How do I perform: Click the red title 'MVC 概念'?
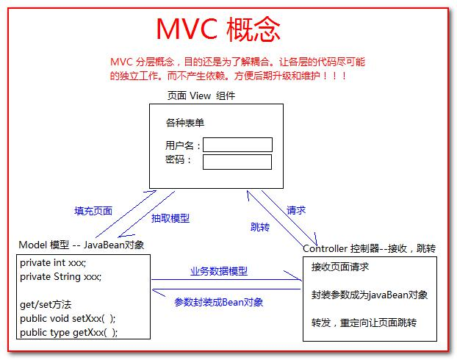tap(218, 30)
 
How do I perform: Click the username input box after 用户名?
tap(237, 145)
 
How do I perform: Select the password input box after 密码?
tap(237, 162)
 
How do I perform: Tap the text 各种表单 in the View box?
tap(184, 123)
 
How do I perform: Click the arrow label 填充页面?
tap(93, 211)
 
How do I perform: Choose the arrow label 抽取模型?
tap(170, 218)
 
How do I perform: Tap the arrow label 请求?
tap(296, 209)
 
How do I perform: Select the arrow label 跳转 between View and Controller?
tap(260, 227)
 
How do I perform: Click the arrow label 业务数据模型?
tap(219, 271)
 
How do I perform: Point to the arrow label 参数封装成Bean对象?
tap(218, 302)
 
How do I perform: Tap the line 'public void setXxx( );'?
tap(68, 318)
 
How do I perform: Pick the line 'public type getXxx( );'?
tap(68, 332)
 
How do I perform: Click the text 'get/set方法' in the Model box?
tap(46, 304)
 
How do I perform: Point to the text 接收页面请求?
tap(340, 267)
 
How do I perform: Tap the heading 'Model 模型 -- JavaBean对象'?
tap(81, 245)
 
